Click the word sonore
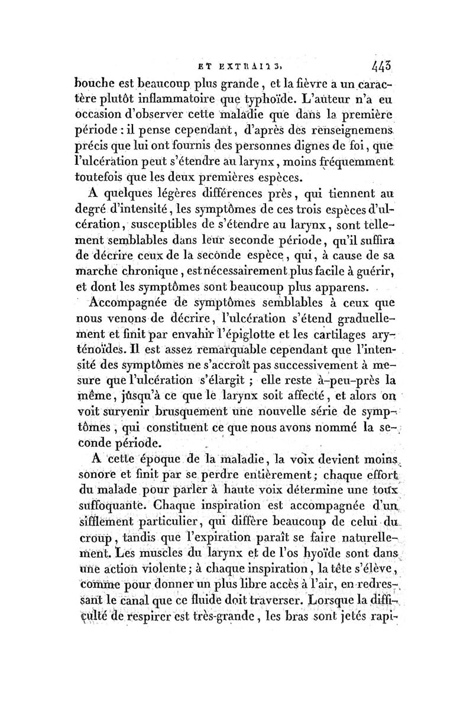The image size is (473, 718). pyautogui.click(x=101, y=475)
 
